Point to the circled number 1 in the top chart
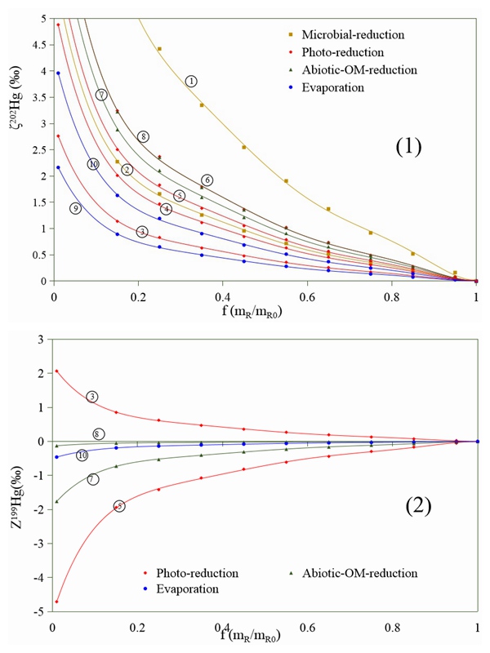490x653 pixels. pyautogui.click(x=191, y=81)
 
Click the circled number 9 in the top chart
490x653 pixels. pyautogui.click(x=75, y=208)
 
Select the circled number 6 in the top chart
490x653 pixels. pyautogui.click(x=207, y=180)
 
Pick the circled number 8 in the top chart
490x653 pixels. pyautogui.click(x=143, y=136)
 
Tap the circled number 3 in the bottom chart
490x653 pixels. pyautogui.click(x=92, y=397)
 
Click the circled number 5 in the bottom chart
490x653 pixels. pyautogui.click(x=119, y=506)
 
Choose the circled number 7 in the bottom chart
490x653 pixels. pyautogui.click(x=92, y=479)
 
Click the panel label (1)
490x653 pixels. pyautogui.click(x=408, y=147)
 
